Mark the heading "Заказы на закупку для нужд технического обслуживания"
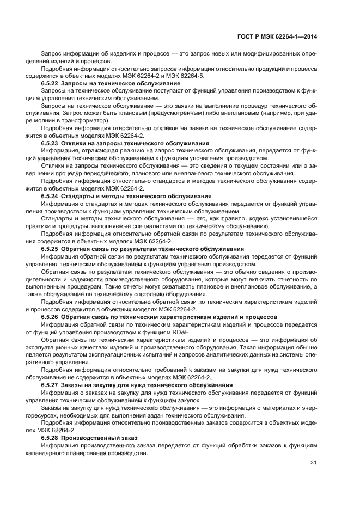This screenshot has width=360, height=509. [147, 385]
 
